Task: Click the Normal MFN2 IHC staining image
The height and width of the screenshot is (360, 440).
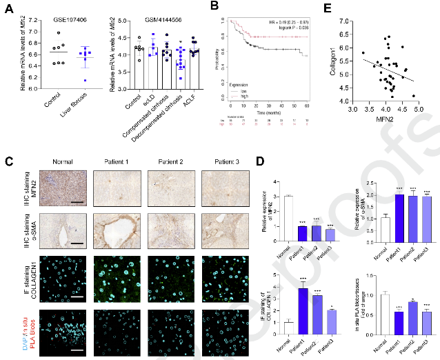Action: coord(62,189)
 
